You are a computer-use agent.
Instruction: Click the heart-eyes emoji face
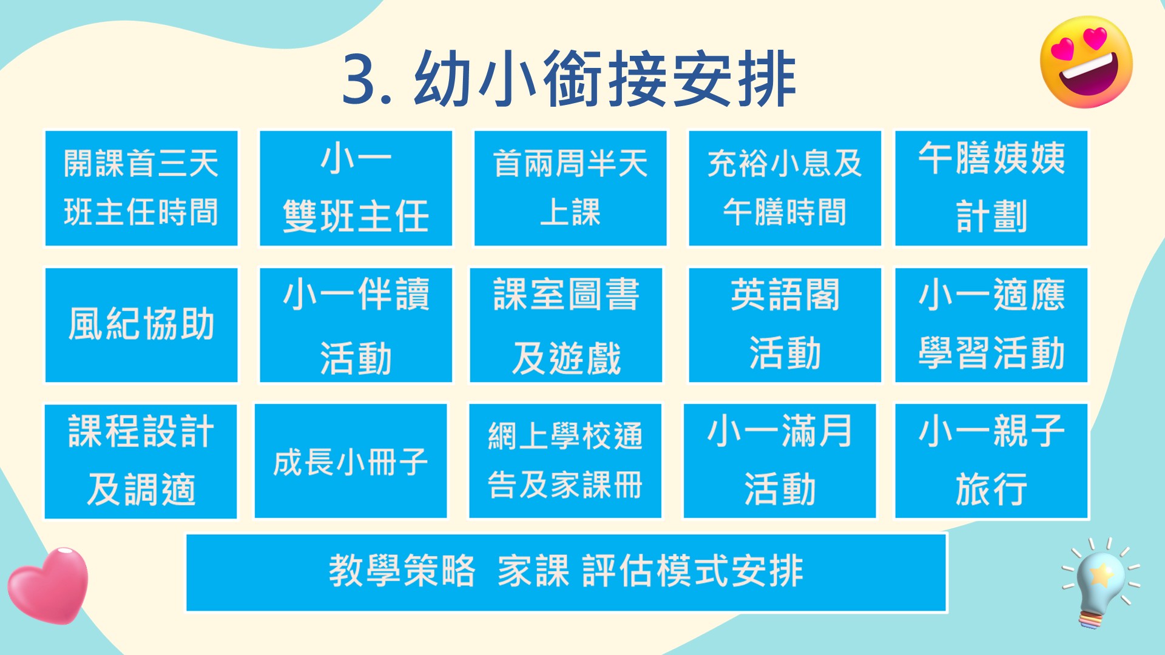pyautogui.click(x=1086, y=62)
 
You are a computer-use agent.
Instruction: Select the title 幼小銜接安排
pyautogui.click(x=605, y=79)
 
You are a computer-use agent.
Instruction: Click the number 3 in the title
pyautogui.click(x=362, y=79)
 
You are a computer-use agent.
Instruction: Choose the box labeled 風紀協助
pyautogui.click(x=141, y=325)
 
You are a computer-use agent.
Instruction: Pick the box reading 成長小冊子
pyautogui.click(x=351, y=461)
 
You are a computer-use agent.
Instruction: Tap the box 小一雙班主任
pyautogui.click(x=356, y=188)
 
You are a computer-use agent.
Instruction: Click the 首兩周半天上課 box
pyautogui.click(x=570, y=188)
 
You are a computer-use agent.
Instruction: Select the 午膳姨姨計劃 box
pyautogui.click(x=991, y=188)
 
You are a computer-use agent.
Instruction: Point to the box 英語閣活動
pyautogui.click(x=785, y=325)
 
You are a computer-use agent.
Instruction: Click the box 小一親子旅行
pyautogui.click(x=991, y=461)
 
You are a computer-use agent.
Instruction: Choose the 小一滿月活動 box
pyautogui.click(x=780, y=461)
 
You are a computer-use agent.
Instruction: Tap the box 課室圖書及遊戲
pyautogui.click(x=566, y=325)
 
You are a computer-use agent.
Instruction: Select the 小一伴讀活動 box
pyautogui.click(x=356, y=325)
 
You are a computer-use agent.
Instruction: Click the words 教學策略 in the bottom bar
pyautogui.click(x=402, y=571)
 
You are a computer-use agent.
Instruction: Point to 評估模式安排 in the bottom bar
pyautogui.click(x=693, y=571)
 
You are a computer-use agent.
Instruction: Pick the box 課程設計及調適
pyautogui.click(x=141, y=461)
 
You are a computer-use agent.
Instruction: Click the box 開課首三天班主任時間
pyautogui.click(x=141, y=188)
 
